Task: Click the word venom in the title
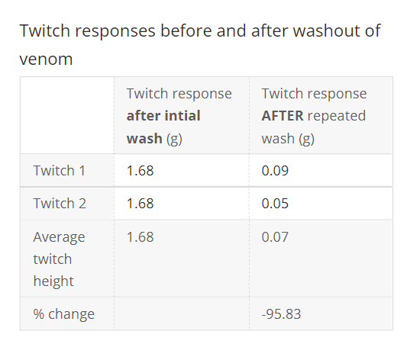46,59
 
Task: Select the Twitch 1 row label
60,170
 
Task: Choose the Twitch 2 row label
60,204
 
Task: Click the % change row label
64,313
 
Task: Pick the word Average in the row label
60,236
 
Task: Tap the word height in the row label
53,281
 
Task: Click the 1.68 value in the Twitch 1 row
140,170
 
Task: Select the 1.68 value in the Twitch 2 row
140,204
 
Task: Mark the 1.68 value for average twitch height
140,236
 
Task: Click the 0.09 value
275,170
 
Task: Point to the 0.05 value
275,204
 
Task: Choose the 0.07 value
275,236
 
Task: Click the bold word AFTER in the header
282,116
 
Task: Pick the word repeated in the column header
337,116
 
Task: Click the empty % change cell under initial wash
181,313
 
